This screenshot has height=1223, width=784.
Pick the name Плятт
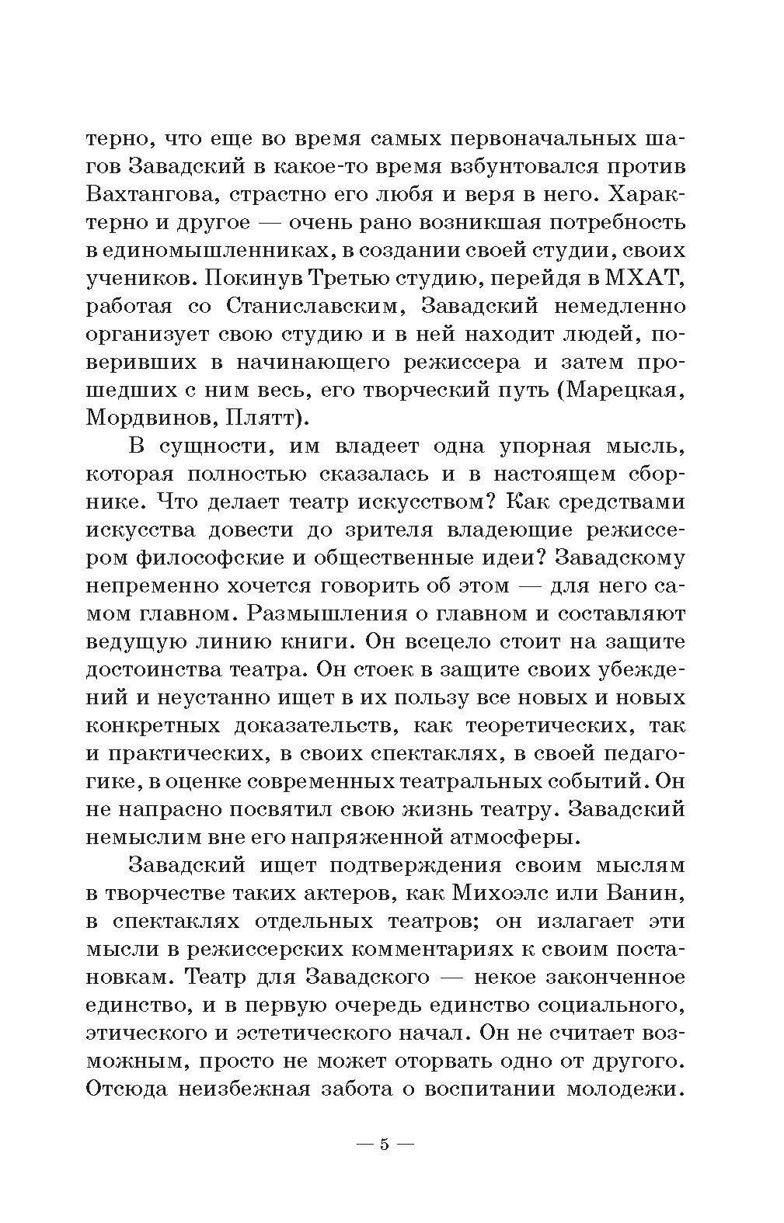pos(263,418)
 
